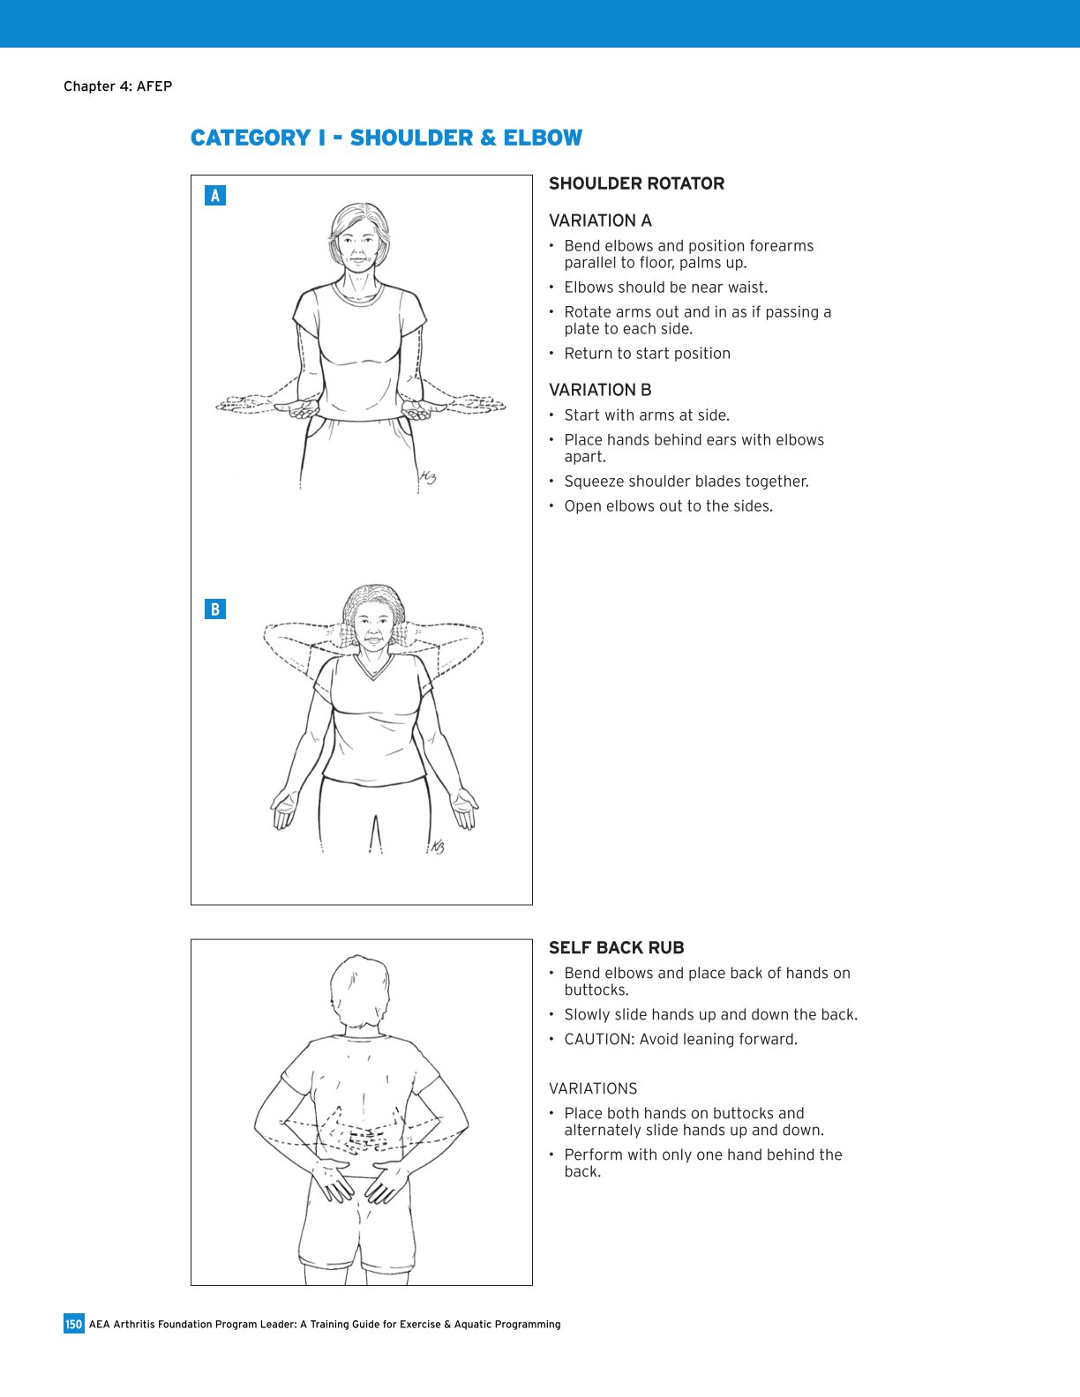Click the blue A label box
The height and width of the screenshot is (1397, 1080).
coord(215,196)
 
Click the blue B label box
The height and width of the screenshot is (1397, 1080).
coord(215,609)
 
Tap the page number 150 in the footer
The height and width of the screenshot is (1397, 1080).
coord(73,1324)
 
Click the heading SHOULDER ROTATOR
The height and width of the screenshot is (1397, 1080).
coord(636,183)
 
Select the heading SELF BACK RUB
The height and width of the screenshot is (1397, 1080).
coord(616,948)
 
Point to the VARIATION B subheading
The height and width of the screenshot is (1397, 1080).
coord(600,390)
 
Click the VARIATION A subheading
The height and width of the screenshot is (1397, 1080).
coord(600,220)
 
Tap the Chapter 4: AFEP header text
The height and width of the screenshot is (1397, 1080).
coord(117,86)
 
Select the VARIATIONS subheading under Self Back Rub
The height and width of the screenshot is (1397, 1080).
coord(593,1089)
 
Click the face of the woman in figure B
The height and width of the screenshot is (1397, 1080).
coord(374,628)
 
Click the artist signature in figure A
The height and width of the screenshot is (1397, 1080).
coord(428,478)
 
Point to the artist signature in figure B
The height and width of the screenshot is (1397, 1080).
coord(437,847)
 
